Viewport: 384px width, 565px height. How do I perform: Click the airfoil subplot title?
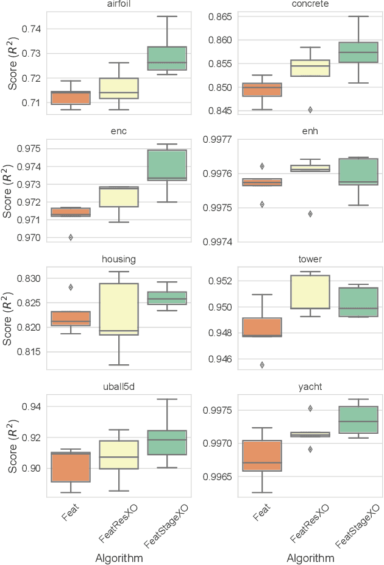click(119, 5)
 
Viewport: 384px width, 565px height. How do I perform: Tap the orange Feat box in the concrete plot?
click(261, 90)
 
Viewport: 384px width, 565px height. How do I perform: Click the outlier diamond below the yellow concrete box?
click(310, 110)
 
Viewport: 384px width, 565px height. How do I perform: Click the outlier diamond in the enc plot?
click(71, 237)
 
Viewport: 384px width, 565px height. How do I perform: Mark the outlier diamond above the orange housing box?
click(71, 287)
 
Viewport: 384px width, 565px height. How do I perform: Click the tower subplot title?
click(310, 259)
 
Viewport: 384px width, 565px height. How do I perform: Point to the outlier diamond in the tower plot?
click(261, 365)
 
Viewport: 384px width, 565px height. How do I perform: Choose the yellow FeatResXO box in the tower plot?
click(310, 292)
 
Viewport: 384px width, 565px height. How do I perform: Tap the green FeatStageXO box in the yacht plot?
click(358, 419)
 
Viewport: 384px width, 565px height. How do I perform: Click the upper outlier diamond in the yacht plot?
click(310, 408)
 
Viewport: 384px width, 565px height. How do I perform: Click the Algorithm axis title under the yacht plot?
click(310, 558)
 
